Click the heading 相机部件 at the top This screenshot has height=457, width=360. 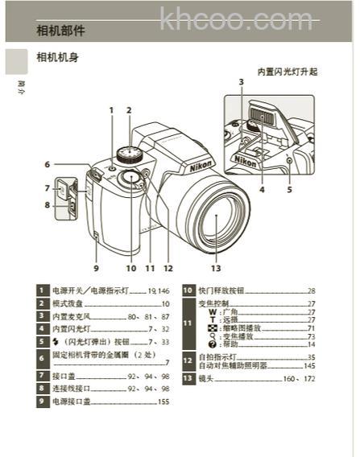60,31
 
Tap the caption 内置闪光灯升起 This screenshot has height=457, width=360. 287,72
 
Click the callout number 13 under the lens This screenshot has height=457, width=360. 215,269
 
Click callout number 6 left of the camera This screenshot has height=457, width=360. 47,164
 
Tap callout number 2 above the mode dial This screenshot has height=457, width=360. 128,109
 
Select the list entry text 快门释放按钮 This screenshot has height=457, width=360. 218,290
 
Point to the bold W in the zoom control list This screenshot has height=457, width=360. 212,311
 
